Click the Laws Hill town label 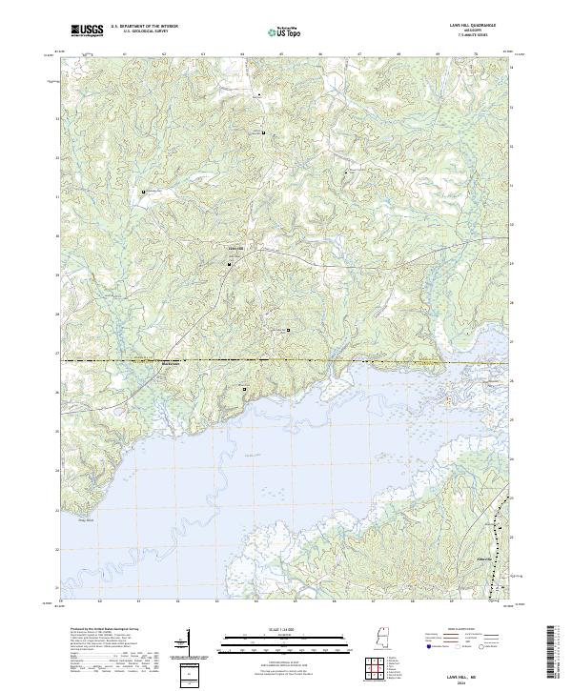(235, 251)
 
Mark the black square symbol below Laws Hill (230, 265)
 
